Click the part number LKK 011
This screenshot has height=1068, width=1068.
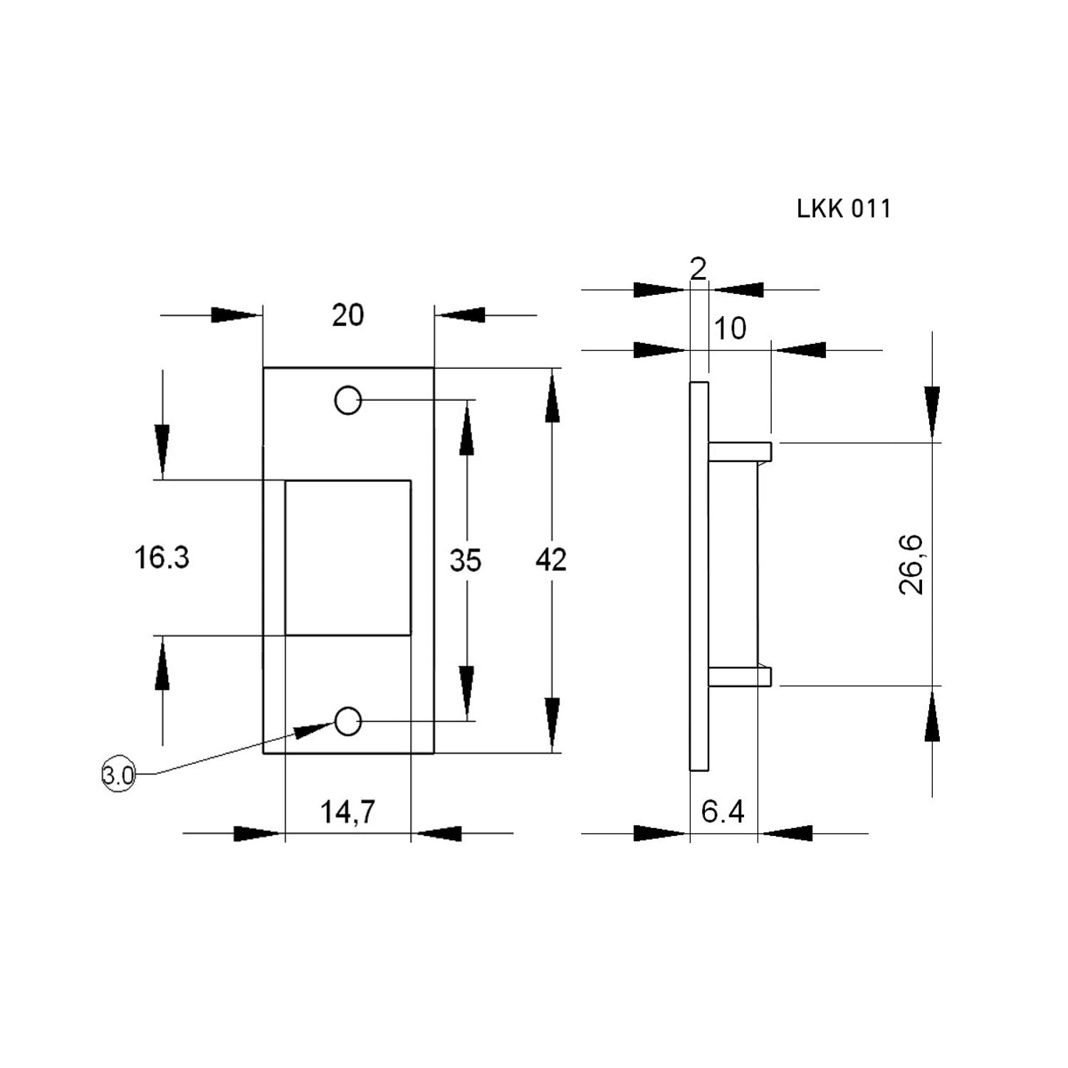[844, 209]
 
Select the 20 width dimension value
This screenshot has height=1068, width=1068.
[347, 315]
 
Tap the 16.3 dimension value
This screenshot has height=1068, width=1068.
[162, 557]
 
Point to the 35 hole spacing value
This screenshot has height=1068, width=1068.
[466, 560]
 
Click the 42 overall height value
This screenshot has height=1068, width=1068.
[551, 560]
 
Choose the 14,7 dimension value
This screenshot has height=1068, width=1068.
[347, 812]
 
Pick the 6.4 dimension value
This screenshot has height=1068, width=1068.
[723, 812]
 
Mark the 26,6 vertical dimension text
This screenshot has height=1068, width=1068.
[911, 564]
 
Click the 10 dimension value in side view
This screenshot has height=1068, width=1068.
[730, 328]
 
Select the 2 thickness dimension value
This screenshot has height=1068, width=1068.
[698, 268]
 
